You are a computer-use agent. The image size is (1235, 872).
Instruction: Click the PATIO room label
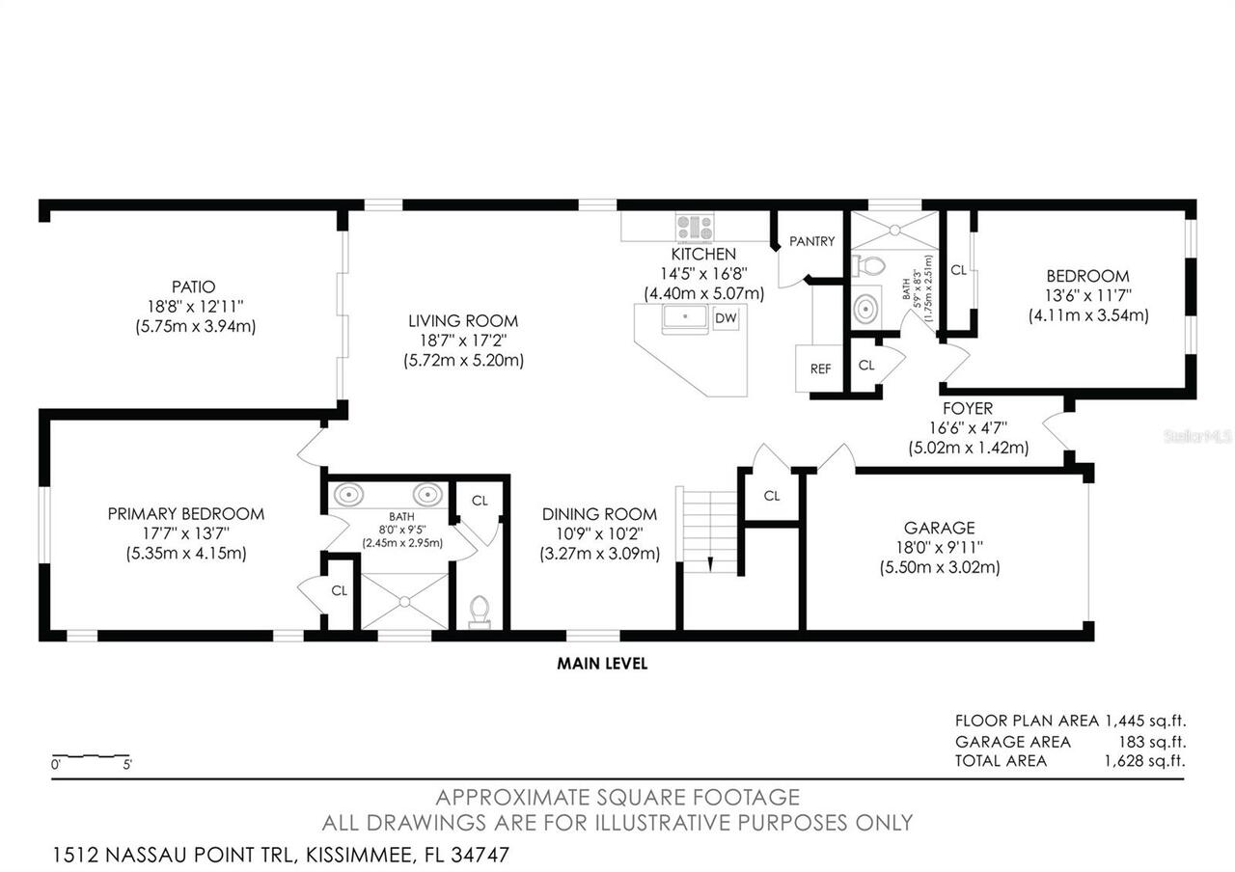193,286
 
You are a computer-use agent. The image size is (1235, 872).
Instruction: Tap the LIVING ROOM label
462,321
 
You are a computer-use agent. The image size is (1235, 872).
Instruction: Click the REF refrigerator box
820,368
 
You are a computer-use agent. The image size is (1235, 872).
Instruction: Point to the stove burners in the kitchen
695,228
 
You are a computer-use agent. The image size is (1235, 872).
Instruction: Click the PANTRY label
811,241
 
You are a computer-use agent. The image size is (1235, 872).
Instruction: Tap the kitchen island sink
686,316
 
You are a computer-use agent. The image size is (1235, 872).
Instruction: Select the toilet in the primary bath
479,611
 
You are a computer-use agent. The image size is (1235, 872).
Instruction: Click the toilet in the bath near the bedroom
874,264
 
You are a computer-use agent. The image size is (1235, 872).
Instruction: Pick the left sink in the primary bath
349,496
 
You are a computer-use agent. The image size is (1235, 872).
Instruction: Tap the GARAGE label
939,528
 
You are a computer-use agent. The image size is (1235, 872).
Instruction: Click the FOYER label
967,409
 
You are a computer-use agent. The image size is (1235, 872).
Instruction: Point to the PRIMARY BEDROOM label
185,514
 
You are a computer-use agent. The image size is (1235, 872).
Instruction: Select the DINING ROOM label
598,514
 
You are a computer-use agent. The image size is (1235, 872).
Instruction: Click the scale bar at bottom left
91,755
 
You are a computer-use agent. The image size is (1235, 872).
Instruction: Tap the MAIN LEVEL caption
602,664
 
